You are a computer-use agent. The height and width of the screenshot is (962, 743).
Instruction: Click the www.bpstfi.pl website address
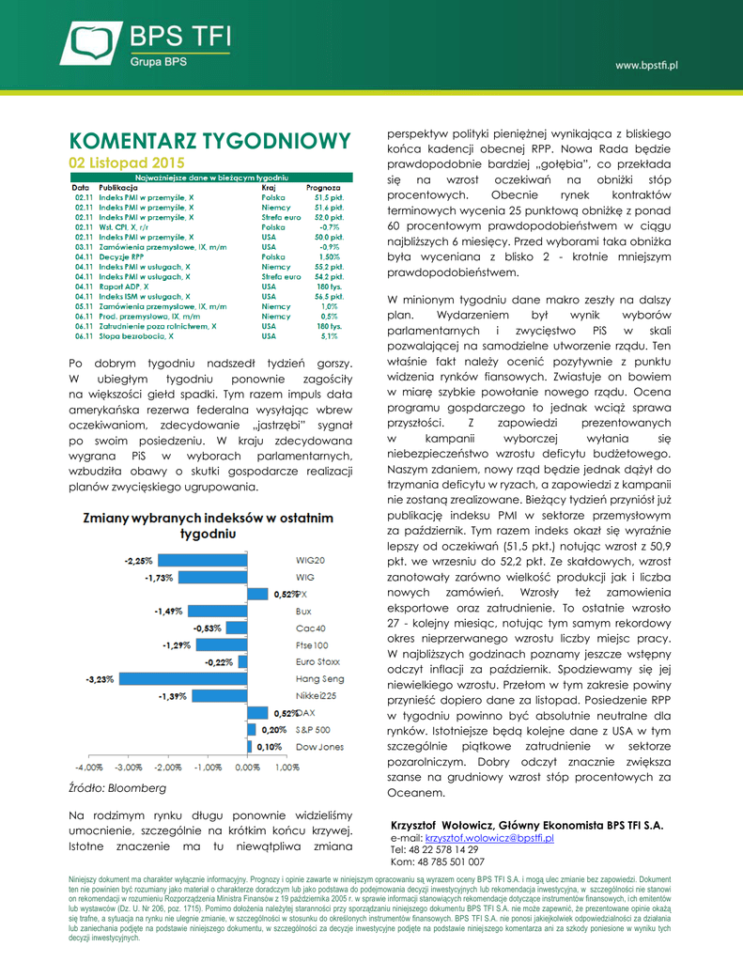[x=646, y=65]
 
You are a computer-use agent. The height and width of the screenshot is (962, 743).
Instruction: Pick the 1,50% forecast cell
[x=329, y=256]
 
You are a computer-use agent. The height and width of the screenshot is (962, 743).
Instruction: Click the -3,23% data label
[x=100, y=678]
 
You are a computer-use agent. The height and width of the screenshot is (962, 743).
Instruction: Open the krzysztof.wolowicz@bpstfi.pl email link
[x=489, y=837]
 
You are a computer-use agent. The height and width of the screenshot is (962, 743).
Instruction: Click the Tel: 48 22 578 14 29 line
[x=441, y=849]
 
